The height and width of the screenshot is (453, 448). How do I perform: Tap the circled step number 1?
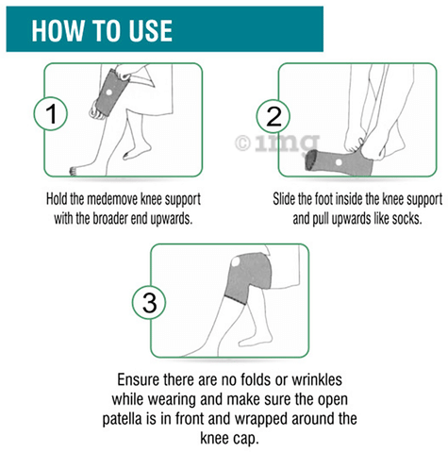(50, 113)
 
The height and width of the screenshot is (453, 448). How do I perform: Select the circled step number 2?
(273, 116)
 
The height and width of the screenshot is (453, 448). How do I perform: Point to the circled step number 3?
(149, 303)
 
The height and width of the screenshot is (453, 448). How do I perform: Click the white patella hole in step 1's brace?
(108, 92)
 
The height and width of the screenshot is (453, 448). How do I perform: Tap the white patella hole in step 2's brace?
(339, 162)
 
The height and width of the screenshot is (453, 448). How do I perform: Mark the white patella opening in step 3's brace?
(236, 261)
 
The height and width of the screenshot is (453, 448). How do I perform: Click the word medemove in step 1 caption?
(112, 199)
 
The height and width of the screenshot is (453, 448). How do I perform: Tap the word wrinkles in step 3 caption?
(317, 380)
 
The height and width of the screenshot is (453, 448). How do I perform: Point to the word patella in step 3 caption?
(122, 419)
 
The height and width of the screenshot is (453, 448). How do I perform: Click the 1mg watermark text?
(286, 143)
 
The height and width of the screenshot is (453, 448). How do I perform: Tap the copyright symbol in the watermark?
(242, 143)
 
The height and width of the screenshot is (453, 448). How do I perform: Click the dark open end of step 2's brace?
(311, 160)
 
